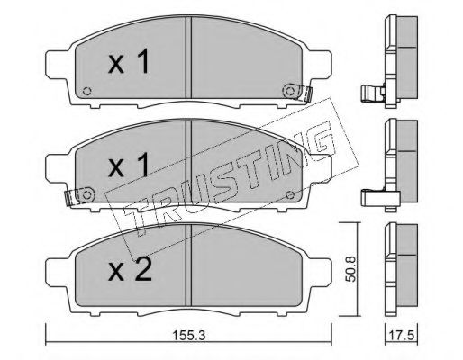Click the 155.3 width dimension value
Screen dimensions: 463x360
(188, 335)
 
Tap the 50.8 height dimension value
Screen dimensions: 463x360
(350, 268)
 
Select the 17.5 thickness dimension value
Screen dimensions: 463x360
(402, 335)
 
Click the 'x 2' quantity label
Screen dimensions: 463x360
(130, 269)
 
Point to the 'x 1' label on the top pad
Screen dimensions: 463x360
(129, 62)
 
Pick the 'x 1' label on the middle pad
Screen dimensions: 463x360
(129, 165)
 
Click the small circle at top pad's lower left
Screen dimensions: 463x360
(87, 91)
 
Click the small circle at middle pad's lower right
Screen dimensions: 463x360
(290, 195)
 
